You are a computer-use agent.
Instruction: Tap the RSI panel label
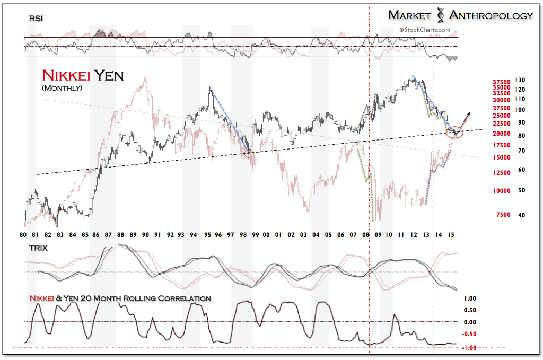click(x=36, y=19)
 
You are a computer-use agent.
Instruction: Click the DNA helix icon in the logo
click(x=440, y=15)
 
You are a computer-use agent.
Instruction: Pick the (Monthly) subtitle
click(x=62, y=87)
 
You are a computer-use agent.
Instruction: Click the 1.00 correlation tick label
click(x=470, y=298)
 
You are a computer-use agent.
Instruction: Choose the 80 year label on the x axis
click(x=23, y=234)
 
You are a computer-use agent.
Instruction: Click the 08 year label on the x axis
click(x=366, y=234)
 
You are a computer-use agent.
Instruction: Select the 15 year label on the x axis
click(x=451, y=234)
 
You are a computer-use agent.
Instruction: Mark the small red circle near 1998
click(x=250, y=153)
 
